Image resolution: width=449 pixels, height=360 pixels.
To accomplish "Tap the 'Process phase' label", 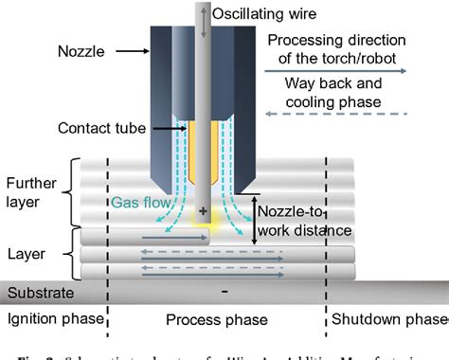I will [207, 317].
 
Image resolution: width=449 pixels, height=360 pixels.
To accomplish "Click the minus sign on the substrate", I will [224, 292].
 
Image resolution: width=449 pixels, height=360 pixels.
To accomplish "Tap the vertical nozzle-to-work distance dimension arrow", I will [253, 218].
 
